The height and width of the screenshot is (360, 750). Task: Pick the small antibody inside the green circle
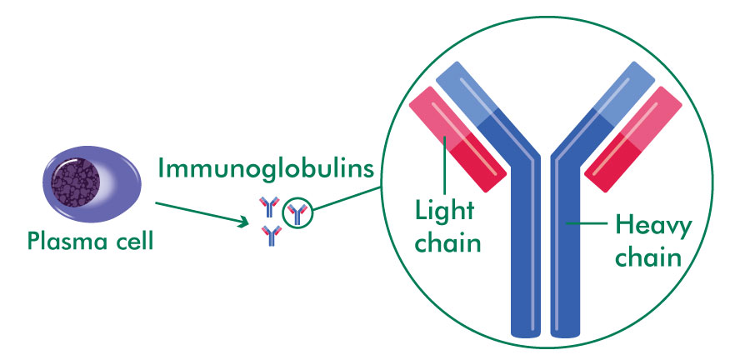297,214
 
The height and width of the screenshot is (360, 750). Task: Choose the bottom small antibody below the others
271,237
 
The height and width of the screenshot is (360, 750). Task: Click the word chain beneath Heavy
651,257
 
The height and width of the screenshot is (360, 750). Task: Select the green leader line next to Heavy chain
587,223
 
